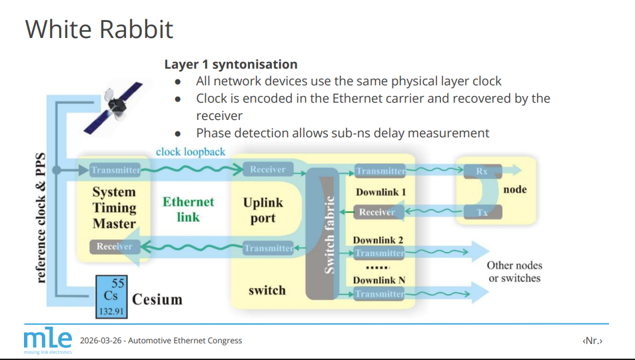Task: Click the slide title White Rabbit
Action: [99, 29]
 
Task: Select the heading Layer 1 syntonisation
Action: [231, 65]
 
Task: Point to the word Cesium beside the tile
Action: [157, 299]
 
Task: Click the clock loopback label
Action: [191, 152]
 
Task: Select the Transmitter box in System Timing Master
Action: [116, 170]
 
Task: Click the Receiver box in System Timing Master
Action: [115, 247]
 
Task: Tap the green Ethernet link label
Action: [188, 209]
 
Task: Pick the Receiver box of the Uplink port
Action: [267, 170]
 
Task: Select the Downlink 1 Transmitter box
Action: [380, 171]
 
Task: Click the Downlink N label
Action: [378, 280]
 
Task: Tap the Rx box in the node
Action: [481, 171]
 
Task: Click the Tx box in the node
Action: [481, 213]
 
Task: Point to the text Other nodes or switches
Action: [514, 271]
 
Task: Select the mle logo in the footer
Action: [47, 339]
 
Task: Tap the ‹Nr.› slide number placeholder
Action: [592, 341]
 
